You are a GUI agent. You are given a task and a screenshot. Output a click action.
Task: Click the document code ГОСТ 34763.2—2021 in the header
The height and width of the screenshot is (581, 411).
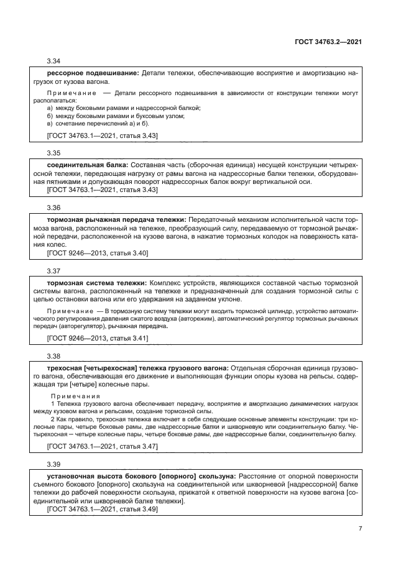click(328, 41)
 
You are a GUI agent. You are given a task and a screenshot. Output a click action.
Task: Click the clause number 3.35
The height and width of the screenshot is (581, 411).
click(54, 152)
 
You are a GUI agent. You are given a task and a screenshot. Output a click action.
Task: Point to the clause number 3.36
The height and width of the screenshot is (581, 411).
click(54, 207)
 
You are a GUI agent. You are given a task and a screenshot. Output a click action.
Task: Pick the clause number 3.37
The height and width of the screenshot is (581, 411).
click(54, 271)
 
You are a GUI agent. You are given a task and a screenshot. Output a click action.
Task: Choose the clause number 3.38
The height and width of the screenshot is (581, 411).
click(54, 356)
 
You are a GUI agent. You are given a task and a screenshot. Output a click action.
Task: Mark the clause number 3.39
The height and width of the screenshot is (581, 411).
click(54, 464)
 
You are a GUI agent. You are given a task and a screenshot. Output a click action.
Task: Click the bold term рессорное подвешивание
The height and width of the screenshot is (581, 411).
click(93, 73)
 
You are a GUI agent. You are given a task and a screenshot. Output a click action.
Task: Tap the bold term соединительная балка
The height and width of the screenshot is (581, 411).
click(88, 164)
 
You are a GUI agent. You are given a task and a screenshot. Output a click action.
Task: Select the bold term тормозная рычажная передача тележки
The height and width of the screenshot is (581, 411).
click(116, 219)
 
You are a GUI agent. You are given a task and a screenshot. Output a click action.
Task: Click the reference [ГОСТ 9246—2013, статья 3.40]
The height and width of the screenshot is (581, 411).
click(97, 253)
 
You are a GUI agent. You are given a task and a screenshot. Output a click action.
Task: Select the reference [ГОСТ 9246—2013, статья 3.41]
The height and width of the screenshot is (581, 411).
click(97, 338)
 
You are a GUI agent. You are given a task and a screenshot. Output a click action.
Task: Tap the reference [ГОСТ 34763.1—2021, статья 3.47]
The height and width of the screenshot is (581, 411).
click(103, 446)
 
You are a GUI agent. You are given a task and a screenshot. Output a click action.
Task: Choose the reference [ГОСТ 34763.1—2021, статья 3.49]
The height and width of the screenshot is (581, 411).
click(103, 509)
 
